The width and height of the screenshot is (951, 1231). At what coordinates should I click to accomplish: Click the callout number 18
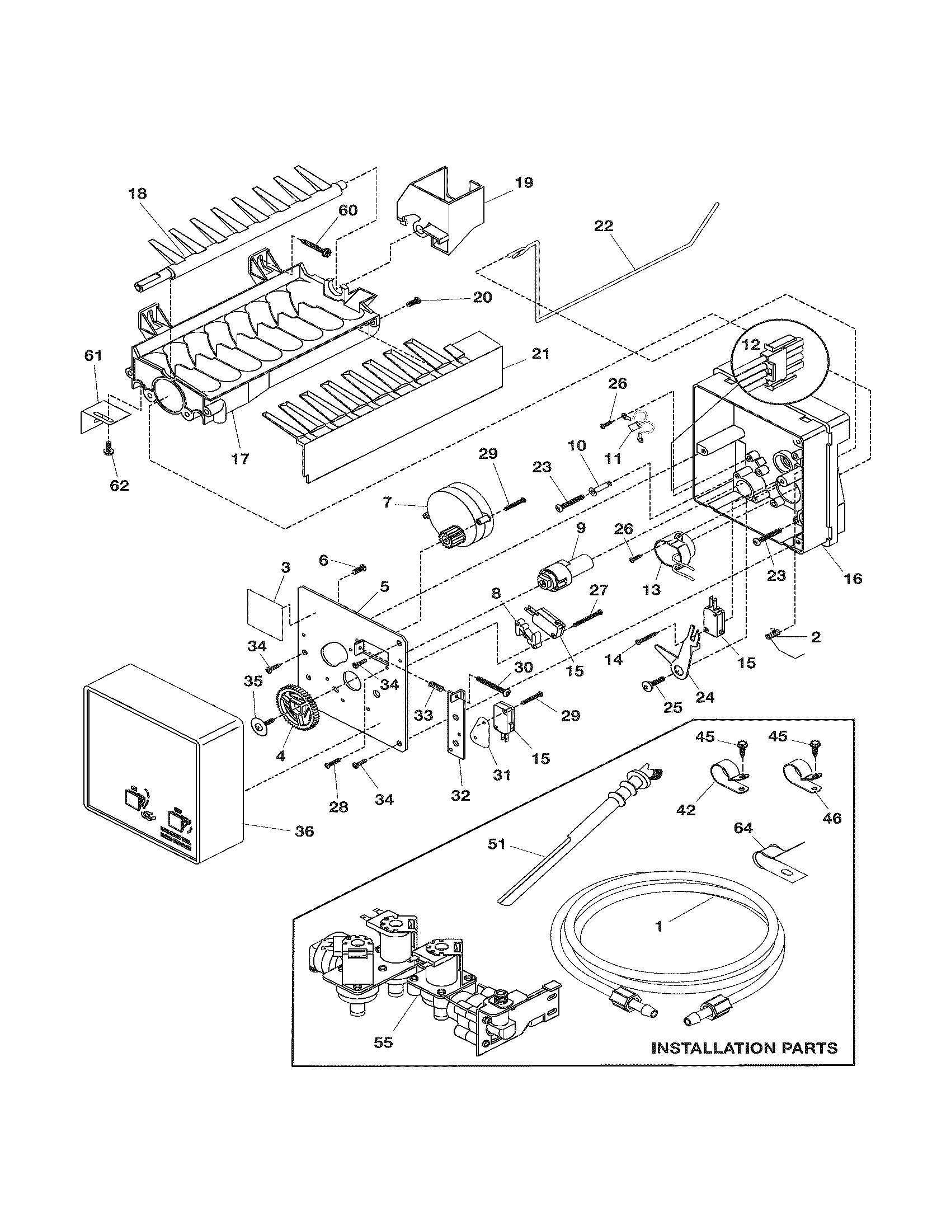click(138, 194)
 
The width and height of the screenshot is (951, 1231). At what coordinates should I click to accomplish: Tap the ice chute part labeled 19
click(442, 212)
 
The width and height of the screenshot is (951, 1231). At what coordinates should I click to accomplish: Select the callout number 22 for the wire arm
click(603, 226)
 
